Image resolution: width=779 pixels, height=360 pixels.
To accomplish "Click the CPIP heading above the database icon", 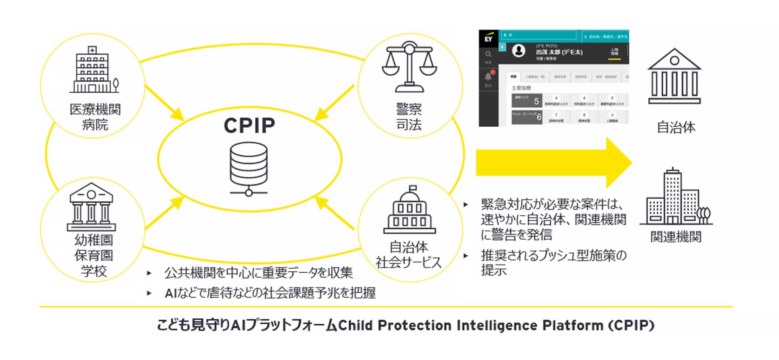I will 249,126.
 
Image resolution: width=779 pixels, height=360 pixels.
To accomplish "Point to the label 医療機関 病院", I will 95,117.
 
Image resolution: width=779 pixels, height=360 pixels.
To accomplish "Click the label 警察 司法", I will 409,117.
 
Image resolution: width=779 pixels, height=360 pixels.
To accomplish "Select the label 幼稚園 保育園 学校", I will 94,256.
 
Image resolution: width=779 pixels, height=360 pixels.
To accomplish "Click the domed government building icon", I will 410,210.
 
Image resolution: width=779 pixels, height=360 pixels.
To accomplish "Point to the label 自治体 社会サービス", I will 409,255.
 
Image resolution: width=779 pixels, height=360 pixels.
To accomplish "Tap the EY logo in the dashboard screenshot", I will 488,38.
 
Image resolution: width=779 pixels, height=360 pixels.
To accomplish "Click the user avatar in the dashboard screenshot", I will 519,51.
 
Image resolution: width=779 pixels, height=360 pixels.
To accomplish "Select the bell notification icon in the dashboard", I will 488,76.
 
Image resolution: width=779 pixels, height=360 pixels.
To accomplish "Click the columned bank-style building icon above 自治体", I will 674,77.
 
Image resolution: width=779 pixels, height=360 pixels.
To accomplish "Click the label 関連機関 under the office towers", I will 676,237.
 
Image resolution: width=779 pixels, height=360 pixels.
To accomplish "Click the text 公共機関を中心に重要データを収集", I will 258,272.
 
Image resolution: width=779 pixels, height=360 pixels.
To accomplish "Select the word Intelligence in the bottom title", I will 497,326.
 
